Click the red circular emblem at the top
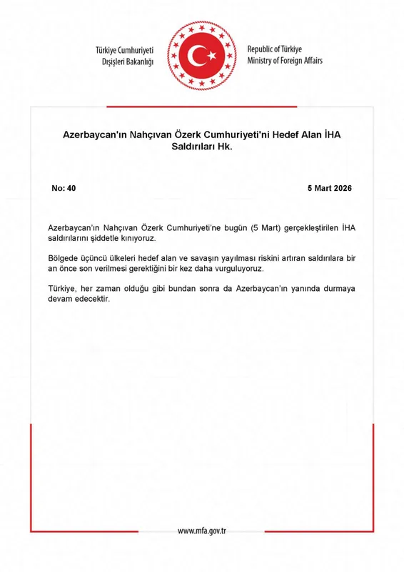[202, 55]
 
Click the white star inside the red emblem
[211, 55]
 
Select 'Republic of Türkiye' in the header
[275, 49]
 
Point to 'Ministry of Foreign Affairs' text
[285, 61]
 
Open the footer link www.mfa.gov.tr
[202, 531]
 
